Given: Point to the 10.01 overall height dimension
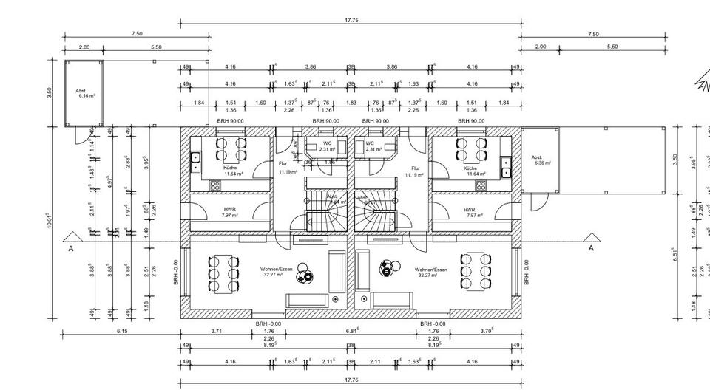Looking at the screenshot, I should [49, 222].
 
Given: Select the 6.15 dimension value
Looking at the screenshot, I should [122, 332].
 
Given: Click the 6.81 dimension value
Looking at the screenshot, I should [353, 332].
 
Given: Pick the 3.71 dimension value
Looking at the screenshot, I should [217, 332].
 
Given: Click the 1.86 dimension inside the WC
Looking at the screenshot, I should [329, 162].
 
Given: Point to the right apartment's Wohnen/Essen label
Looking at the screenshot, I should [430, 270].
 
